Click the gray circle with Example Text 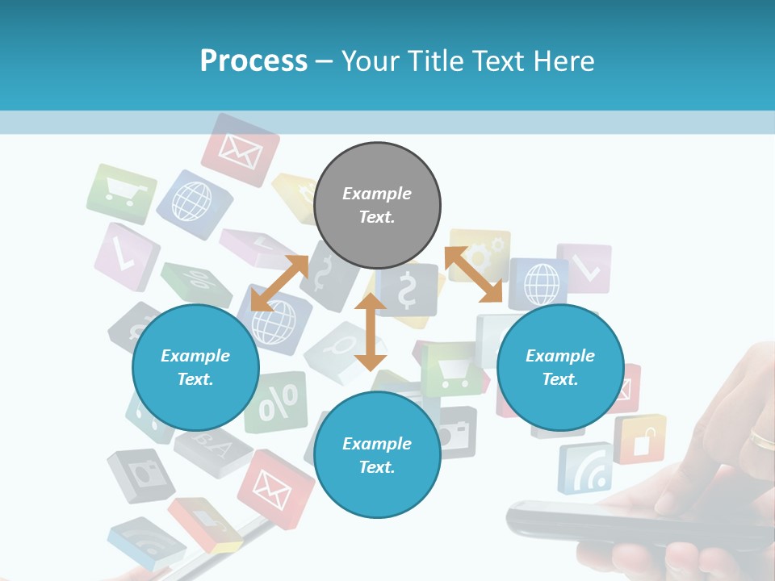(377, 206)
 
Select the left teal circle (195, 368)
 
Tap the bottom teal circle (377, 455)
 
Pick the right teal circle (560, 368)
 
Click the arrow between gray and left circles (279, 283)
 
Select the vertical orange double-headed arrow (371, 332)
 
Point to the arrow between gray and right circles (474, 274)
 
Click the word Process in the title (253, 61)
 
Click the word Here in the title (564, 61)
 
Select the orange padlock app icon (639, 439)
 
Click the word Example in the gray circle (377, 194)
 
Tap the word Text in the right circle (560, 379)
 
